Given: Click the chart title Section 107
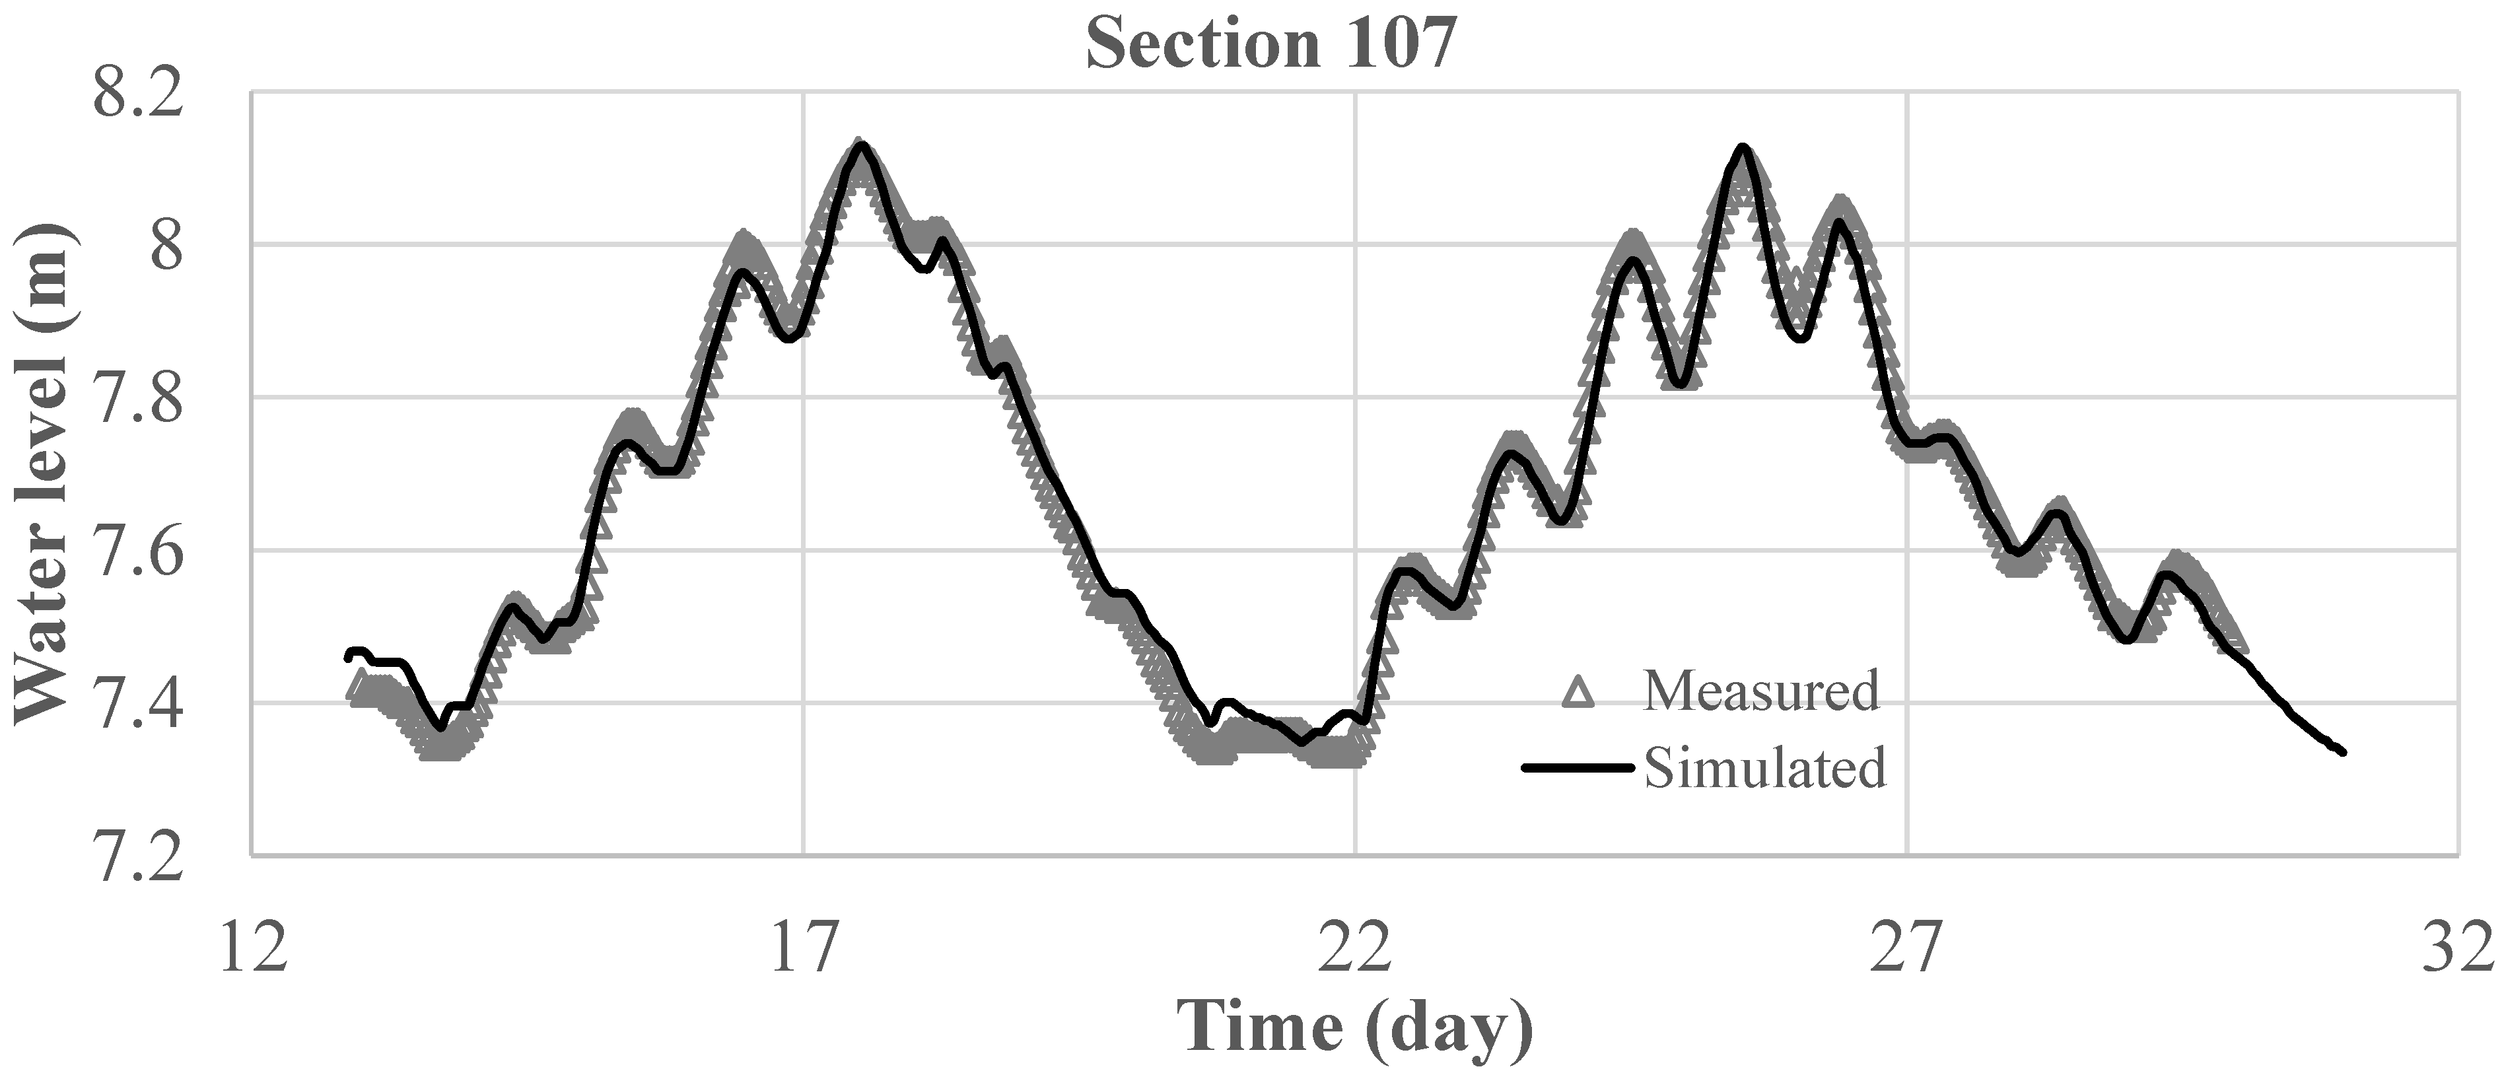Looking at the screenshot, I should pyautogui.click(x=1271, y=45).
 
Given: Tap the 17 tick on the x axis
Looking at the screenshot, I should pyautogui.click(x=804, y=948).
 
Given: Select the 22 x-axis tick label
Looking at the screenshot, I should pyautogui.click(x=1355, y=948).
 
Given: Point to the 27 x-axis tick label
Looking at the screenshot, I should pyautogui.click(x=1906, y=948).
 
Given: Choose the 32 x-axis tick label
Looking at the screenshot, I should pyautogui.click(x=2456, y=948).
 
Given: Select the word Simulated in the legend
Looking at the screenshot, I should pyautogui.click(x=1764, y=768).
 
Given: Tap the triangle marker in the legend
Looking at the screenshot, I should pyautogui.click(x=1579, y=692).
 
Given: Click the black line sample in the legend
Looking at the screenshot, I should pyautogui.click(x=1579, y=768).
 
